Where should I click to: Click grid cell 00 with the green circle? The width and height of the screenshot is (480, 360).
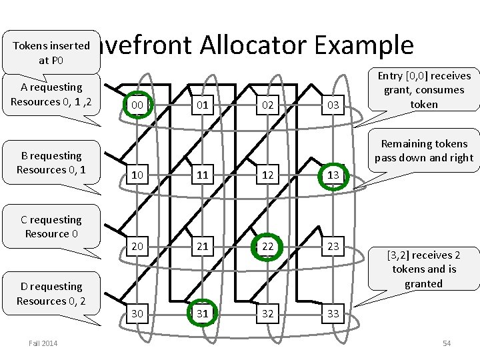point(137,105)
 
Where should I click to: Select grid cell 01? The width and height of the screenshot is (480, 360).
point(202,105)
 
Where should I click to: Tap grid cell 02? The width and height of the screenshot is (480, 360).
point(267,105)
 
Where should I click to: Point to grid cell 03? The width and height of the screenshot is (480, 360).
point(333,105)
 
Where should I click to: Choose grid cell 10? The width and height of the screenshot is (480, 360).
point(137,175)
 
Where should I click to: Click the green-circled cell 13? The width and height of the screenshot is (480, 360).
point(333,175)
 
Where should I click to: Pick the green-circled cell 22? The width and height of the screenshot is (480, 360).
point(267,246)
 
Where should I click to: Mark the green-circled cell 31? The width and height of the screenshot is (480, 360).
point(202,313)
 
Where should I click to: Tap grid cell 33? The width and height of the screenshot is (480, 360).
point(333,313)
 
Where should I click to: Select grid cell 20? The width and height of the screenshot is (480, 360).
point(137,246)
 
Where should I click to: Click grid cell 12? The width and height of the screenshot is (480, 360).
point(267,175)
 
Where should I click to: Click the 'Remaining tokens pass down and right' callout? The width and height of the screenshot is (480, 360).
point(424,151)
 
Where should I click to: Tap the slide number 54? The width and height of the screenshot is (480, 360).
point(447,343)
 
